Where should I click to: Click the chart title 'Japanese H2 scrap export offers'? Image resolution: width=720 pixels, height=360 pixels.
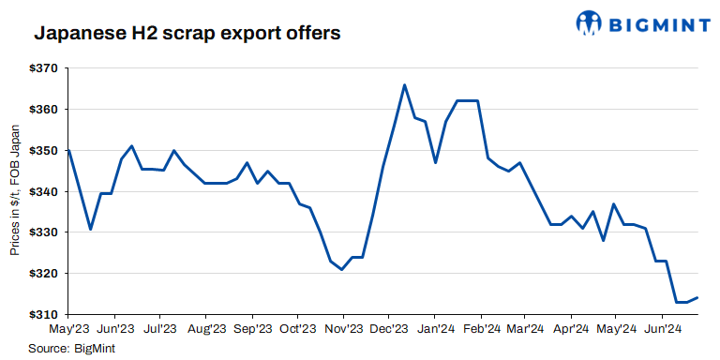point(187,34)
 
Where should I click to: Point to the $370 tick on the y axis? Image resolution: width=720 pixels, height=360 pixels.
point(45,68)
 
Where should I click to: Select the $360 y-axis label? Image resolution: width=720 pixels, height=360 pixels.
point(45,110)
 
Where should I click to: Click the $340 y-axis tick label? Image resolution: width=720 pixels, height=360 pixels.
point(45,191)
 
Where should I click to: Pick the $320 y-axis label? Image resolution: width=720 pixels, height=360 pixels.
point(45,273)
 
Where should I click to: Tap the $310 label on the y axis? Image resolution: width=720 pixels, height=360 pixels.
point(45,314)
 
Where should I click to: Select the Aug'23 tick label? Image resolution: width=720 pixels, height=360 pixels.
point(205,330)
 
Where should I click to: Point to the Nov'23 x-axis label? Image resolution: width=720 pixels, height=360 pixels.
point(343,330)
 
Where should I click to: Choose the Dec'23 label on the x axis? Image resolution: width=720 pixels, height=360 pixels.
point(388,330)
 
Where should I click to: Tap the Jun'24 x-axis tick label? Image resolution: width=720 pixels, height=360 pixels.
point(663,330)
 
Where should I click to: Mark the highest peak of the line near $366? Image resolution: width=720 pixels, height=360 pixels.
point(404,85)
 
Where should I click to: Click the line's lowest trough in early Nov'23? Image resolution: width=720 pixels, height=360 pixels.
point(342,270)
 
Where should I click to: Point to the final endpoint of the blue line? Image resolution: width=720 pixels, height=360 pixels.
point(697,298)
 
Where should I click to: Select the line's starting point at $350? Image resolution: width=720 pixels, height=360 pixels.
point(68,150)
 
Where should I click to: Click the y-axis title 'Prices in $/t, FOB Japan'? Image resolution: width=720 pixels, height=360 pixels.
point(15,190)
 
